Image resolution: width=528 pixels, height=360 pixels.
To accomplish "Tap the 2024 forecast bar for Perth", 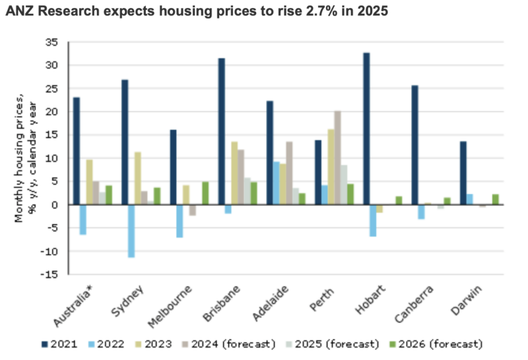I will click(x=338, y=158).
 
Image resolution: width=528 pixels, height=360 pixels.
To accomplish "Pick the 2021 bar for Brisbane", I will click(x=221, y=131).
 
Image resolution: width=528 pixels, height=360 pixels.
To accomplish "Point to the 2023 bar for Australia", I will click(x=90, y=182).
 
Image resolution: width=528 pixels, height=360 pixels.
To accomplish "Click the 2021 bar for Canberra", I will click(x=414, y=145).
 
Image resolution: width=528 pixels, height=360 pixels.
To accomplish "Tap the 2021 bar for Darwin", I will click(x=463, y=173).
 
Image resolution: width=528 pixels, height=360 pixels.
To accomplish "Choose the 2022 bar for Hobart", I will click(x=374, y=221).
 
